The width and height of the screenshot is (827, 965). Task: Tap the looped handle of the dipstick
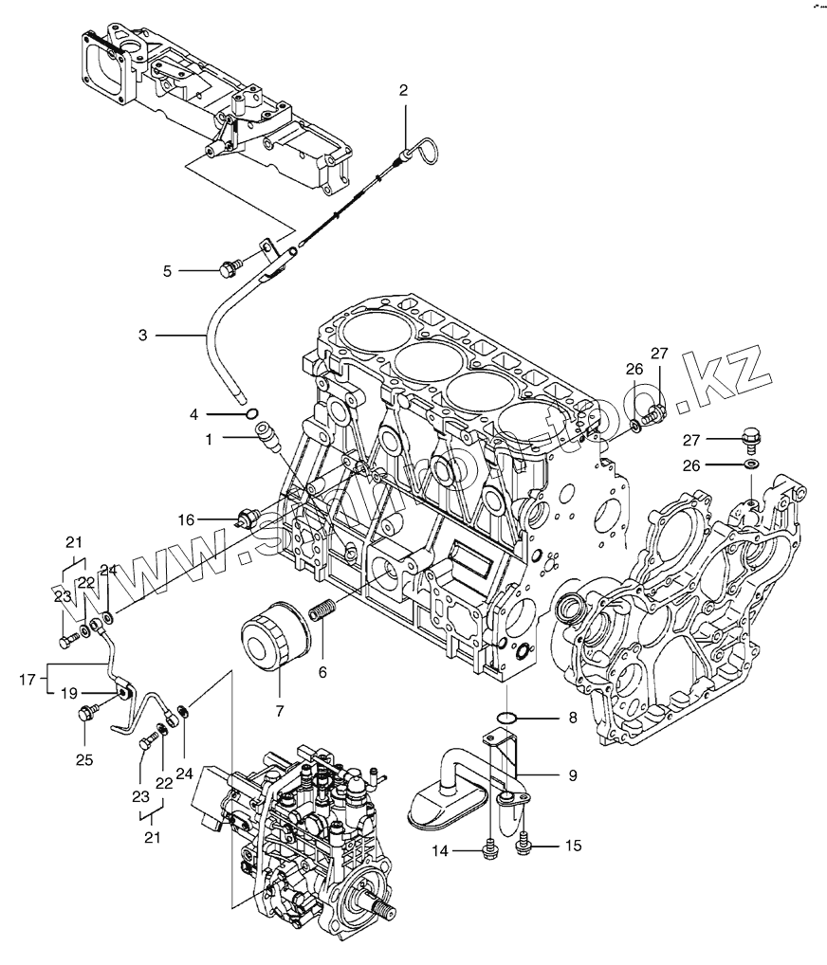click(426, 151)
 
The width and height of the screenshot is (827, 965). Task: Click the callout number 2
click(403, 91)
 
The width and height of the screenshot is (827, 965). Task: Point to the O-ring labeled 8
click(508, 717)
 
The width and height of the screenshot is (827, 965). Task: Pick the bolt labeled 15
click(524, 841)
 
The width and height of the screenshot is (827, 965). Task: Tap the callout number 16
click(187, 519)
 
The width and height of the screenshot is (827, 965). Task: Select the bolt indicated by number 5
click(228, 270)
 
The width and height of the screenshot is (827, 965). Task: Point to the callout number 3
click(142, 335)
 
